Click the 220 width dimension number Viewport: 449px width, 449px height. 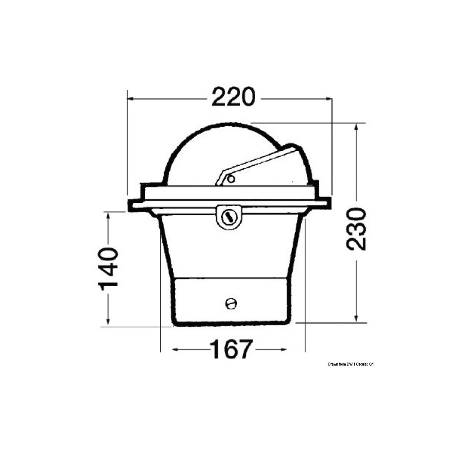tap(233, 98)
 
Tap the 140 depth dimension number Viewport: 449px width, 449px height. tap(108, 266)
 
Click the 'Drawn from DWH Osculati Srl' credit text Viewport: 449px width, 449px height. tap(351, 364)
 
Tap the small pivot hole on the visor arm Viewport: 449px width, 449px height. tap(232, 179)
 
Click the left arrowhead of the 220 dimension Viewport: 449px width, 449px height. tap(131, 99)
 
